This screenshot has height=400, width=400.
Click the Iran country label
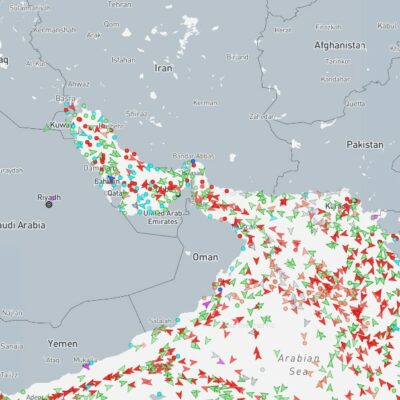click(x=162, y=68)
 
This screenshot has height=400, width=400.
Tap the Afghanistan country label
click(x=338, y=45)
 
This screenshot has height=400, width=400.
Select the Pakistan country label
click(x=365, y=145)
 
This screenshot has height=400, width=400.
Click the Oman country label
click(x=204, y=257)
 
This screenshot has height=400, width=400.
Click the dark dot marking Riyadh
click(x=48, y=205)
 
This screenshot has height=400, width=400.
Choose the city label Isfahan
click(x=124, y=60)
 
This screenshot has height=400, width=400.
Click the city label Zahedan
click(x=262, y=117)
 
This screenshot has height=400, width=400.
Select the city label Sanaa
click(x=12, y=345)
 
